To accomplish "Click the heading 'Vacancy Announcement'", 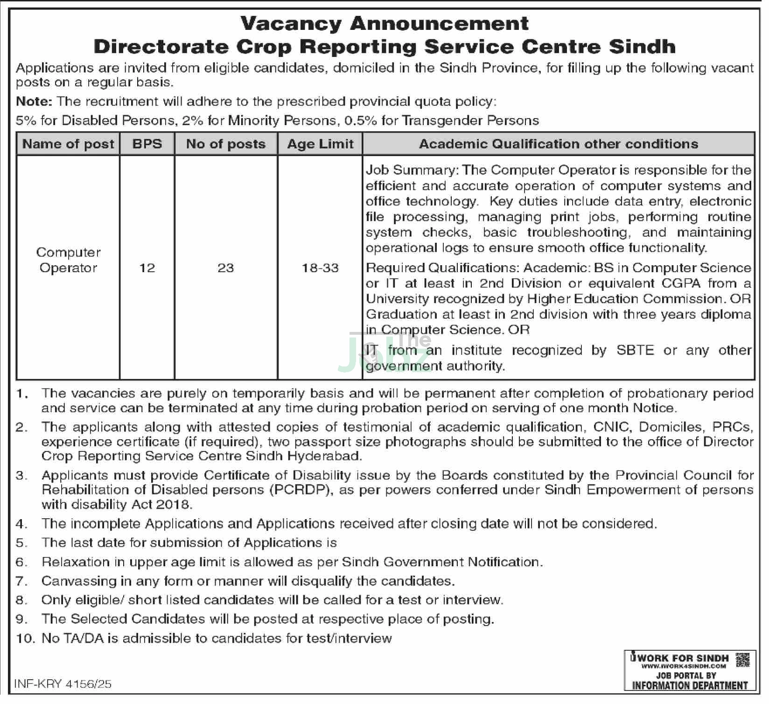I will [x=384, y=23].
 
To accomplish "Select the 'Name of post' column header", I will [x=68, y=144].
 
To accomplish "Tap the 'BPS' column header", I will [x=147, y=144].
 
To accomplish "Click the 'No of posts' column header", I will [x=226, y=144].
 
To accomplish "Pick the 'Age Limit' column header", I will [x=320, y=144].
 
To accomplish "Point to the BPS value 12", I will [x=147, y=268].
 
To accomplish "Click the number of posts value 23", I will [x=226, y=268].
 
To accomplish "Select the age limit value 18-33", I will [x=320, y=268].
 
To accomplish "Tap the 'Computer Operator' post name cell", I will [x=68, y=260].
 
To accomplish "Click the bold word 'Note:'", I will [x=34, y=101].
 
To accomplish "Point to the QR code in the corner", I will [x=742, y=660].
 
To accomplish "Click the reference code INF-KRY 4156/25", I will [x=63, y=684].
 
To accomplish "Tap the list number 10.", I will [x=25, y=638].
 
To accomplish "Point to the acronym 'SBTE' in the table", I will [x=635, y=350].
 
